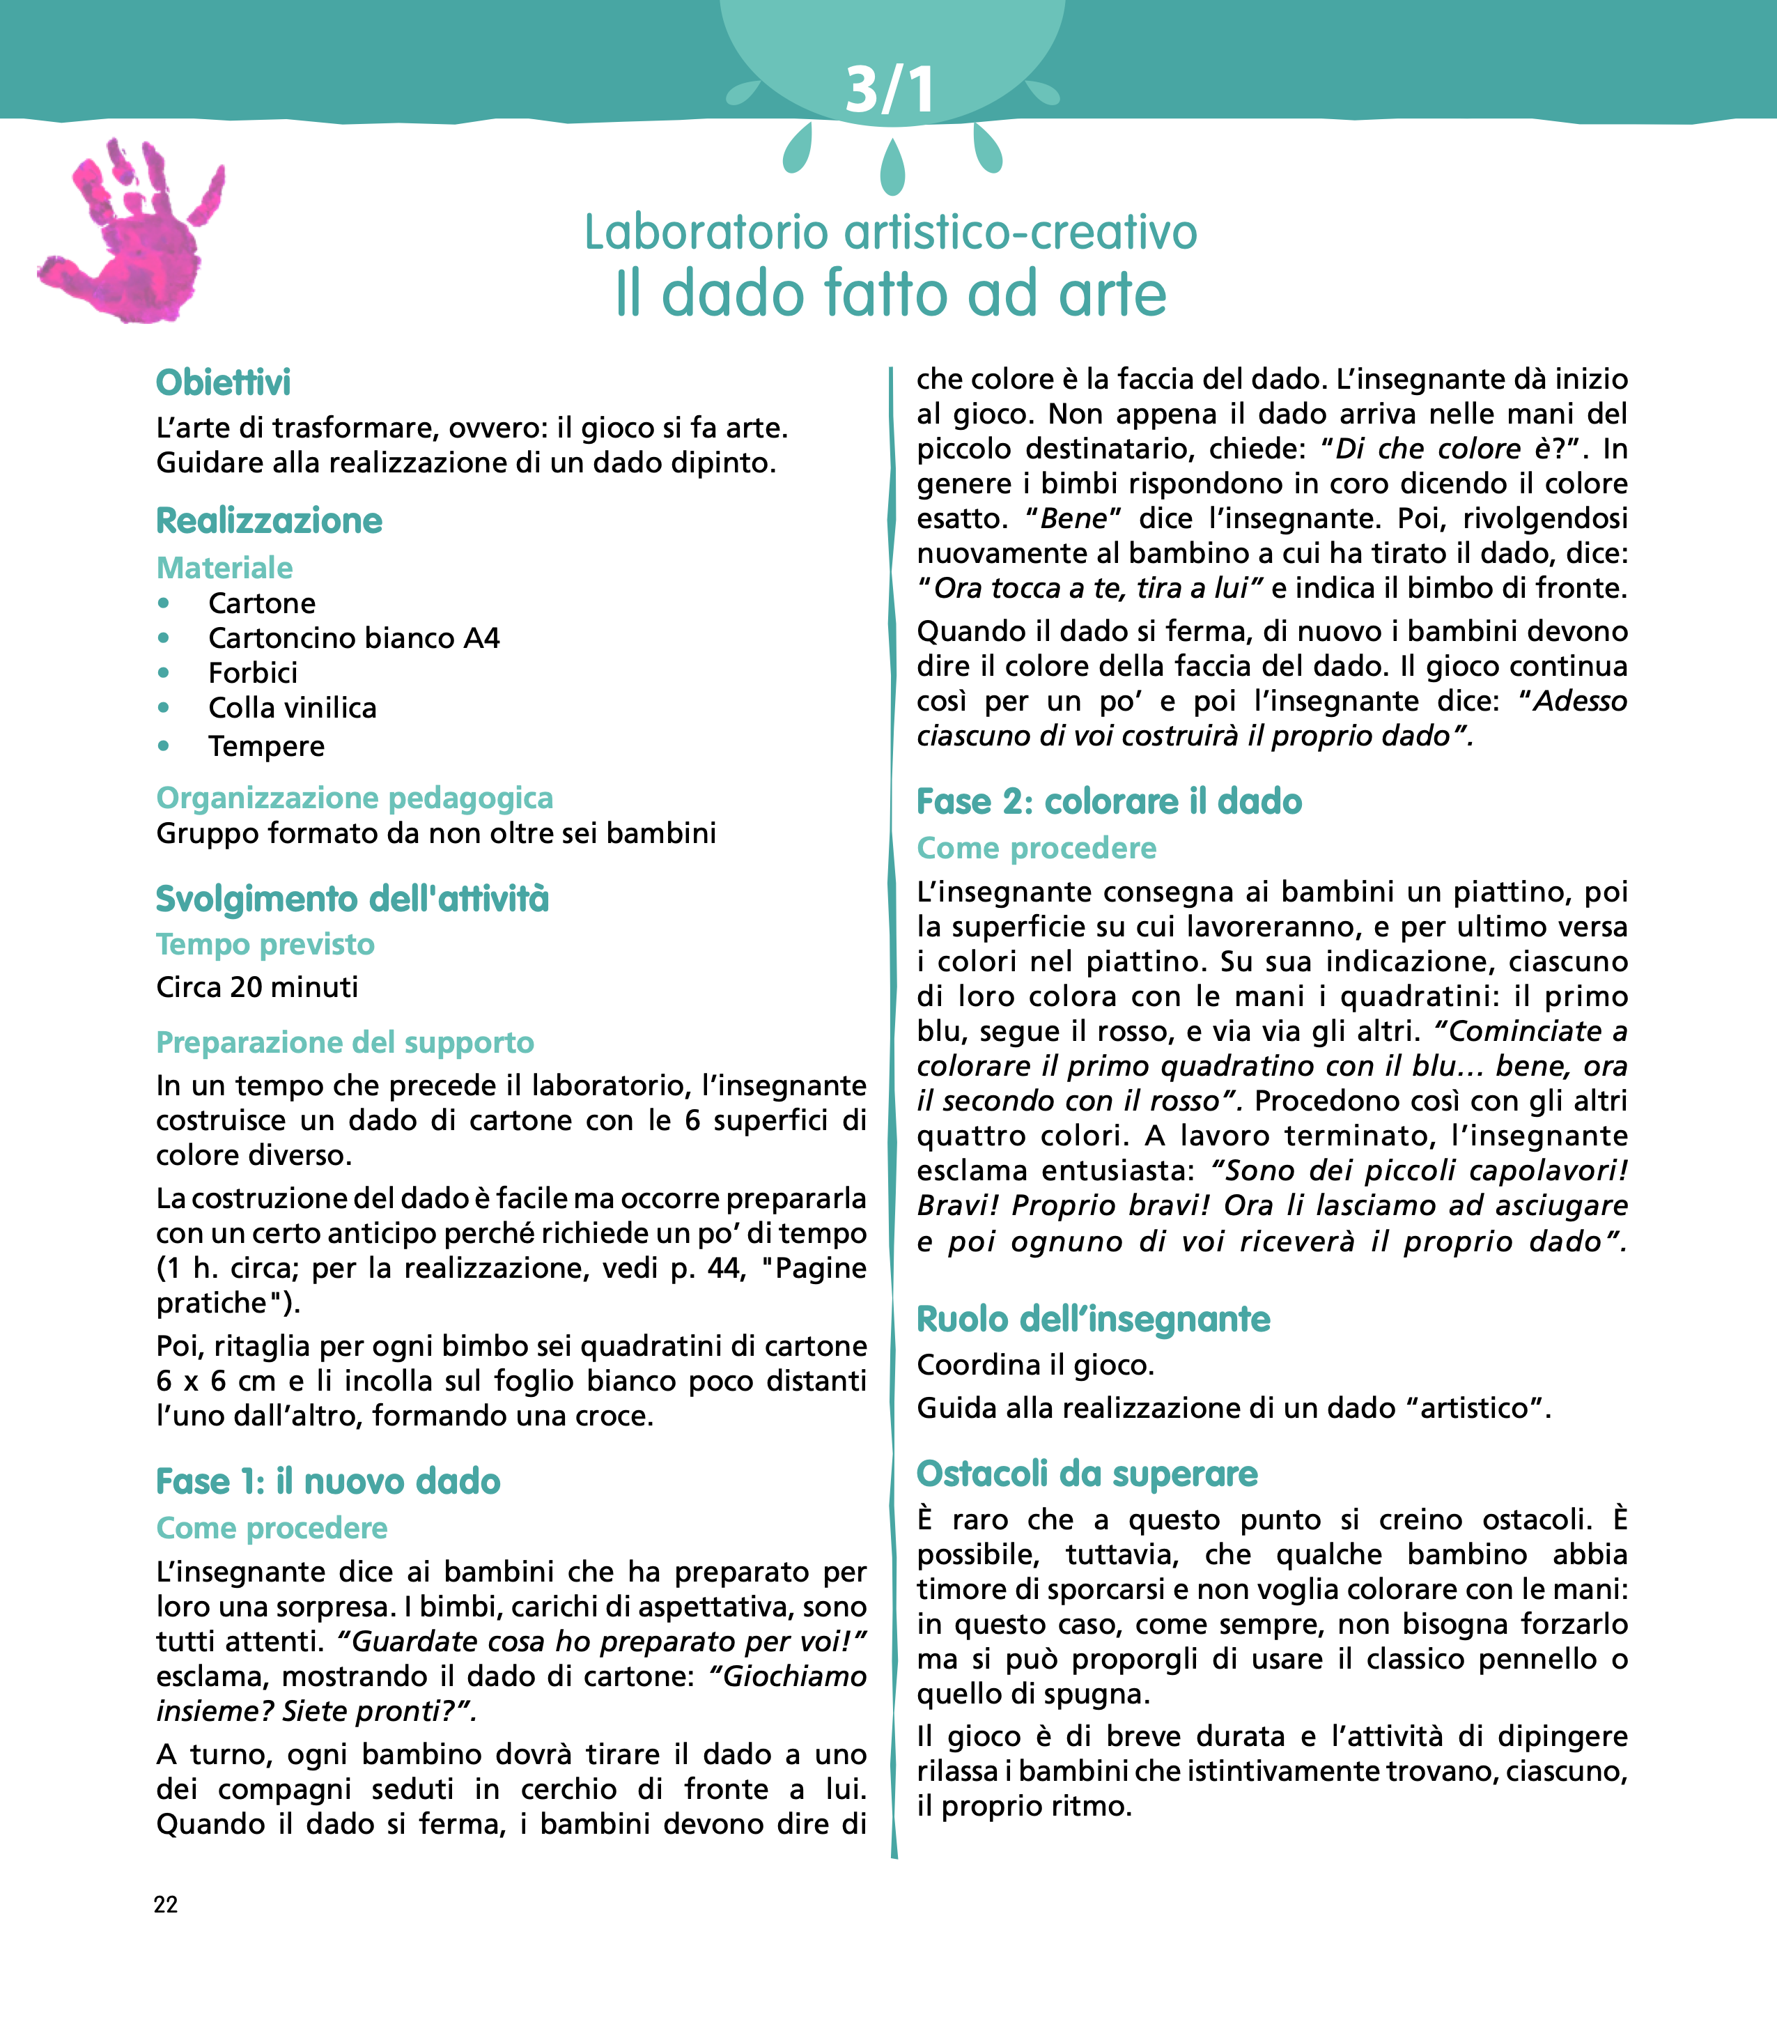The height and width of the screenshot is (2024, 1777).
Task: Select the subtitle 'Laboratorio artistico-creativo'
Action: tap(890, 233)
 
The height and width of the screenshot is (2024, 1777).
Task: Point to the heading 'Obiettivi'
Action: tap(224, 383)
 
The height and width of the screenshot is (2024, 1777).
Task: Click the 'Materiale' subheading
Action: tap(225, 567)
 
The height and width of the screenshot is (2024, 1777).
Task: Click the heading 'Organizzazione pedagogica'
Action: tap(355, 798)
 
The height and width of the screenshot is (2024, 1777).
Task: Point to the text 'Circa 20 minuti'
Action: tap(258, 987)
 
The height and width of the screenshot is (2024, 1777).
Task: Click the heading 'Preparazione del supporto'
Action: tap(345, 1043)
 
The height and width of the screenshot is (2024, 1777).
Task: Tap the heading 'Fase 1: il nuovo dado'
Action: tap(327, 1481)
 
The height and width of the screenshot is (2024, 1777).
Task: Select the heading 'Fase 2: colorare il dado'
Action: tap(1109, 801)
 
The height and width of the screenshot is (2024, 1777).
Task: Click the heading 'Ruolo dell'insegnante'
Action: tap(1093, 1319)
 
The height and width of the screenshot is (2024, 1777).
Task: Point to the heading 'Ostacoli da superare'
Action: tap(1087, 1474)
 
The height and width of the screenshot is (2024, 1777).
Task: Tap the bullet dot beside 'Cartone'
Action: tap(163, 603)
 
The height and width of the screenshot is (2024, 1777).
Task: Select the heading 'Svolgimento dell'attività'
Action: tap(352, 899)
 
